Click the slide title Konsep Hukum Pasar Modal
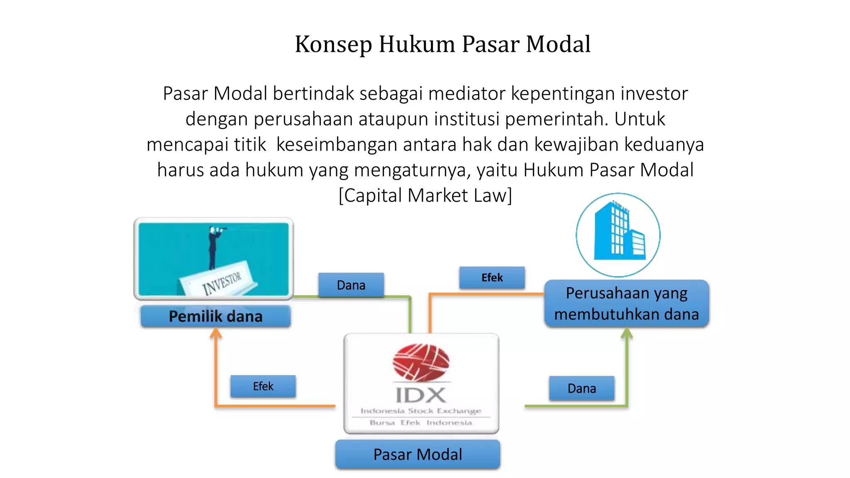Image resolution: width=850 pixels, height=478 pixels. tap(442, 44)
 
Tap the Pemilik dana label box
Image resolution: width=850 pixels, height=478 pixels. tap(215, 316)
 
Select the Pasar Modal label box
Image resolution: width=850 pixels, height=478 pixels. tap(418, 454)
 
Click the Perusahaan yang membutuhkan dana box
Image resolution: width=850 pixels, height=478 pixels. tap(626, 303)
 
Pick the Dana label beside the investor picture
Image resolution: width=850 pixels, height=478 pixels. tap(351, 285)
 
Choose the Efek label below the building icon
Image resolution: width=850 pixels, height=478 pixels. tap(492, 278)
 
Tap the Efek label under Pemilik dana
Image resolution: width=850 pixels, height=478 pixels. tap(263, 386)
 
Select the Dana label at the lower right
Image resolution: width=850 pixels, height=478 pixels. tap(581, 388)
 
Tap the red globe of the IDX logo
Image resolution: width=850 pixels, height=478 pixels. tap(421, 361)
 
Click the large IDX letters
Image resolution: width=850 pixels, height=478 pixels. tap(421, 395)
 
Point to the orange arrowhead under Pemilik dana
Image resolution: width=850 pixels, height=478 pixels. tap(215, 333)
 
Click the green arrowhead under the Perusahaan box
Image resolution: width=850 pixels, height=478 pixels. tap(627, 333)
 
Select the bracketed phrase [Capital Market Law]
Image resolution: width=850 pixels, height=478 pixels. tap(425, 195)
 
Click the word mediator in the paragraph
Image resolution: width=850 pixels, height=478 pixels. tap(467, 94)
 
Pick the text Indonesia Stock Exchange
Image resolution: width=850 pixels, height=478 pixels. tap(421, 411)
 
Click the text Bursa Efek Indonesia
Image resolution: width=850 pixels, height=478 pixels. tap(421, 423)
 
